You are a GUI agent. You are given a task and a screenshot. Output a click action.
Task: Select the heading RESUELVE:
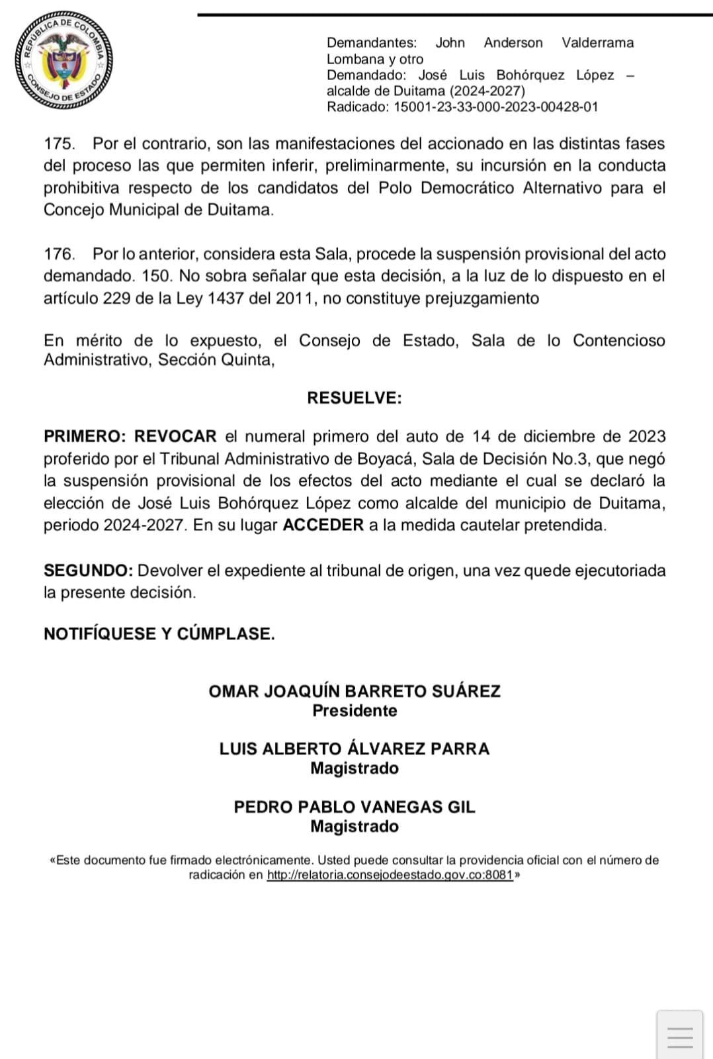[354, 398]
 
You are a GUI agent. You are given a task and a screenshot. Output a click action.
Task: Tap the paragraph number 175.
[59, 144]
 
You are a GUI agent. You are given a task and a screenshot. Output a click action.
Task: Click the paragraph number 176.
[59, 254]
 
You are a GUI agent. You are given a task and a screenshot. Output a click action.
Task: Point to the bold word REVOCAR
[175, 437]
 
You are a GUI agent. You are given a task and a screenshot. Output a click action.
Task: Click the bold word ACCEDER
[323, 526]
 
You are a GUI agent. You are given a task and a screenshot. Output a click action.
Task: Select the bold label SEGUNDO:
[89, 571]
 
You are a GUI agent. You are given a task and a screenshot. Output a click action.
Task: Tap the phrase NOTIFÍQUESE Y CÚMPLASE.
[159, 634]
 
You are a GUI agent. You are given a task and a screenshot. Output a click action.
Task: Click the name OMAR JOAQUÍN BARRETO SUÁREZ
[355, 692]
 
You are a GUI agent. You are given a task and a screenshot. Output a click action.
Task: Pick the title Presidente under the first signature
[355, 711]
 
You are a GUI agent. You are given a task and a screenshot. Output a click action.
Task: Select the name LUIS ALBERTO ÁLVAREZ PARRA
[355, 749]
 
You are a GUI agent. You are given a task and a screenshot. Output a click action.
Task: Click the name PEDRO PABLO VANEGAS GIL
[355, 807]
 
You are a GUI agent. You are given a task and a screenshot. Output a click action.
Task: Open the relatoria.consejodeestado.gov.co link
[390, 875]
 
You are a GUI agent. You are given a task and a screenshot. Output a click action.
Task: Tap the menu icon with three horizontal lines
[680, 1036]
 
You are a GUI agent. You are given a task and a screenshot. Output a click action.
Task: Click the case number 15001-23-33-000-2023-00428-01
[495, 107]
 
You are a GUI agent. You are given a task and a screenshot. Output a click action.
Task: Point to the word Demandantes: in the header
[372, 43]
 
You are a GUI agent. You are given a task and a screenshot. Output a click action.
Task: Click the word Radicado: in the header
[358, 107]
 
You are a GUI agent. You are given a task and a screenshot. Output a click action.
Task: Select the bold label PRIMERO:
[84, 437]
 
